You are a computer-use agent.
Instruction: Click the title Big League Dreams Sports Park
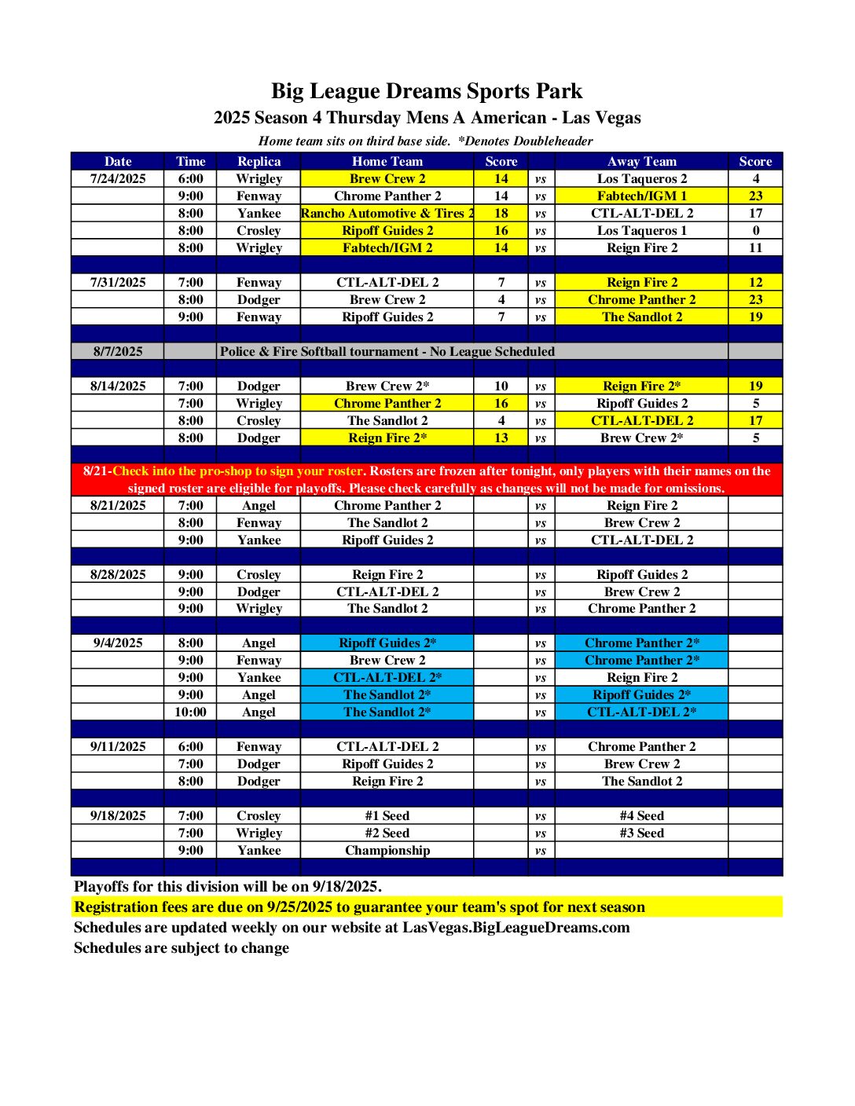(x=427, y=91)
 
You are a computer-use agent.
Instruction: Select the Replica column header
(x=259, y=161)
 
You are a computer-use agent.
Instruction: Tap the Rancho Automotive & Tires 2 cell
(x=387, y=213)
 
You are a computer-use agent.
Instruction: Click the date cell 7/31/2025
(x=118, y=282)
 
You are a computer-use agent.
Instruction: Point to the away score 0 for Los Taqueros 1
(x=755, y=230)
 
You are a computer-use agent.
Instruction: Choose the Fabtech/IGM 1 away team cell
(x=641, y=196)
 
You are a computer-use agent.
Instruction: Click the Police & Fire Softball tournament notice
(x=387, y=351)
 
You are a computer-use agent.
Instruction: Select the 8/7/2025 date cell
(x=118, y=351)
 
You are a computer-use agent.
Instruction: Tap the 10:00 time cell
(x=190, y=712)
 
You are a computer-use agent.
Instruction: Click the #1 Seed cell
(x=387, y=815)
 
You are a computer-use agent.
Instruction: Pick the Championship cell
(x=387, y=850)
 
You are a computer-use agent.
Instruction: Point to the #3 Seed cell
(x=641, y=833)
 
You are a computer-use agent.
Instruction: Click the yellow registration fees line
(x=359, y=906)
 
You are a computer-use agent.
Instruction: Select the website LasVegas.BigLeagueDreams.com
(x=516, y=927)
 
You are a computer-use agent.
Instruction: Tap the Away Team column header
(x=641, y=161)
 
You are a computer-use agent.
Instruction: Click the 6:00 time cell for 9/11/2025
(x=190, y=746)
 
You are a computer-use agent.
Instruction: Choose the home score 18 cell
(x=501, y=213)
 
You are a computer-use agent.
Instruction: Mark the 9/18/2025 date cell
(x=118, y=815)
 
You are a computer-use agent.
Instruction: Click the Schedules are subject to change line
(x=182, y=947)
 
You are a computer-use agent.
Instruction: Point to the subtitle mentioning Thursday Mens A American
(x=427, y=118)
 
